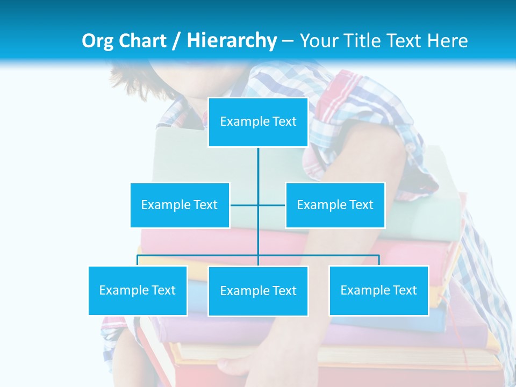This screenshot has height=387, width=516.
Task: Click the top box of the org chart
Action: (x=258, y=122)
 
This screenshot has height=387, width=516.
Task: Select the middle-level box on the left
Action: (x=180, y=205)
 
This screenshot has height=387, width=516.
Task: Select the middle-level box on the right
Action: (x=335, y=205)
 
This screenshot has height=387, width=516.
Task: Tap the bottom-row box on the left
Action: (x=138, y=290)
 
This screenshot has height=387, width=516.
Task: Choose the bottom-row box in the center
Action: (x=258, y=291)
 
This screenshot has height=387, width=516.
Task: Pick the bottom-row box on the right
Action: (x=379, y=290)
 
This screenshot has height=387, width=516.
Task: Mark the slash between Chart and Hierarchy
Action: (x=177, y=41)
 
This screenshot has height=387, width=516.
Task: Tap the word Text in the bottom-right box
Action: (x=405, y=290)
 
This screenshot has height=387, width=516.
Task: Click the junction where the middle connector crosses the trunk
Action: (x=258, y=205)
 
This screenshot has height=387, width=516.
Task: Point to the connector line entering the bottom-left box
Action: (x=138, y=261)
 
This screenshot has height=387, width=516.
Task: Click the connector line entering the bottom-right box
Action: (x=379, y=261)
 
